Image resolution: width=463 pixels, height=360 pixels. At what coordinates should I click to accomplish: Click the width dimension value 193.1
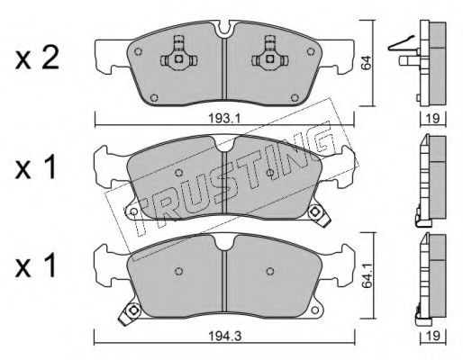coord(224,119)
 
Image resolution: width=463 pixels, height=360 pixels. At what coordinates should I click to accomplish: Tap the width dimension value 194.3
coord(225,337)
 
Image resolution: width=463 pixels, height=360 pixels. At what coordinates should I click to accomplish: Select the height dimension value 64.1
coord(368,279)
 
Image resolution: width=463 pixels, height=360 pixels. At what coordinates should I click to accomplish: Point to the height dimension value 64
coord(367,63)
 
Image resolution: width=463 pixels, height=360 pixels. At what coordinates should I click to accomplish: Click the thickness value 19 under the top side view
coord(432,119)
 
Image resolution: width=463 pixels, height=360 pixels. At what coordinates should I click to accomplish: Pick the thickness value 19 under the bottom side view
coord(432,336)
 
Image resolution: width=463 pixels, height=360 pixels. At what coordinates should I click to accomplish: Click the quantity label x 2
coord(37,59)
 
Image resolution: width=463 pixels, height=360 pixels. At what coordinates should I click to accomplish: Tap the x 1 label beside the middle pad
coord(36,167)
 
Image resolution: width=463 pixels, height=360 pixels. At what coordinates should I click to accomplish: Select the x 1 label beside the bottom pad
coord(36,265)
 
